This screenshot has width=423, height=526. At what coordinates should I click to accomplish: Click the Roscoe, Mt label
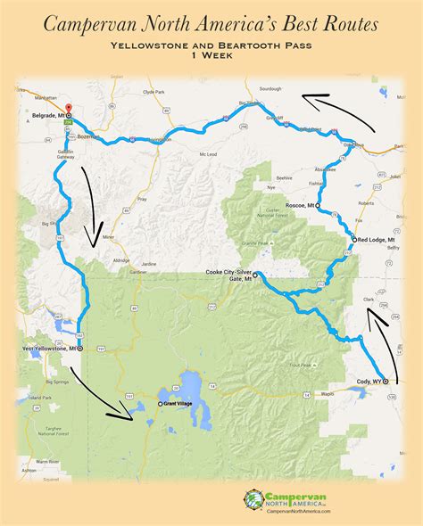pyautogui.click(x=297, y=205)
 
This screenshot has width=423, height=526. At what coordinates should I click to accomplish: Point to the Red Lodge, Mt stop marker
pyautogui.click(x=353, y=240)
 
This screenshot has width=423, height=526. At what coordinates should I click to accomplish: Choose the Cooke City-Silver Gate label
pyautogui.click(x=228, y=277)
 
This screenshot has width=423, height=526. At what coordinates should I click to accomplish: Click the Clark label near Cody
pyautogui.click(x=369, y=312)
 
